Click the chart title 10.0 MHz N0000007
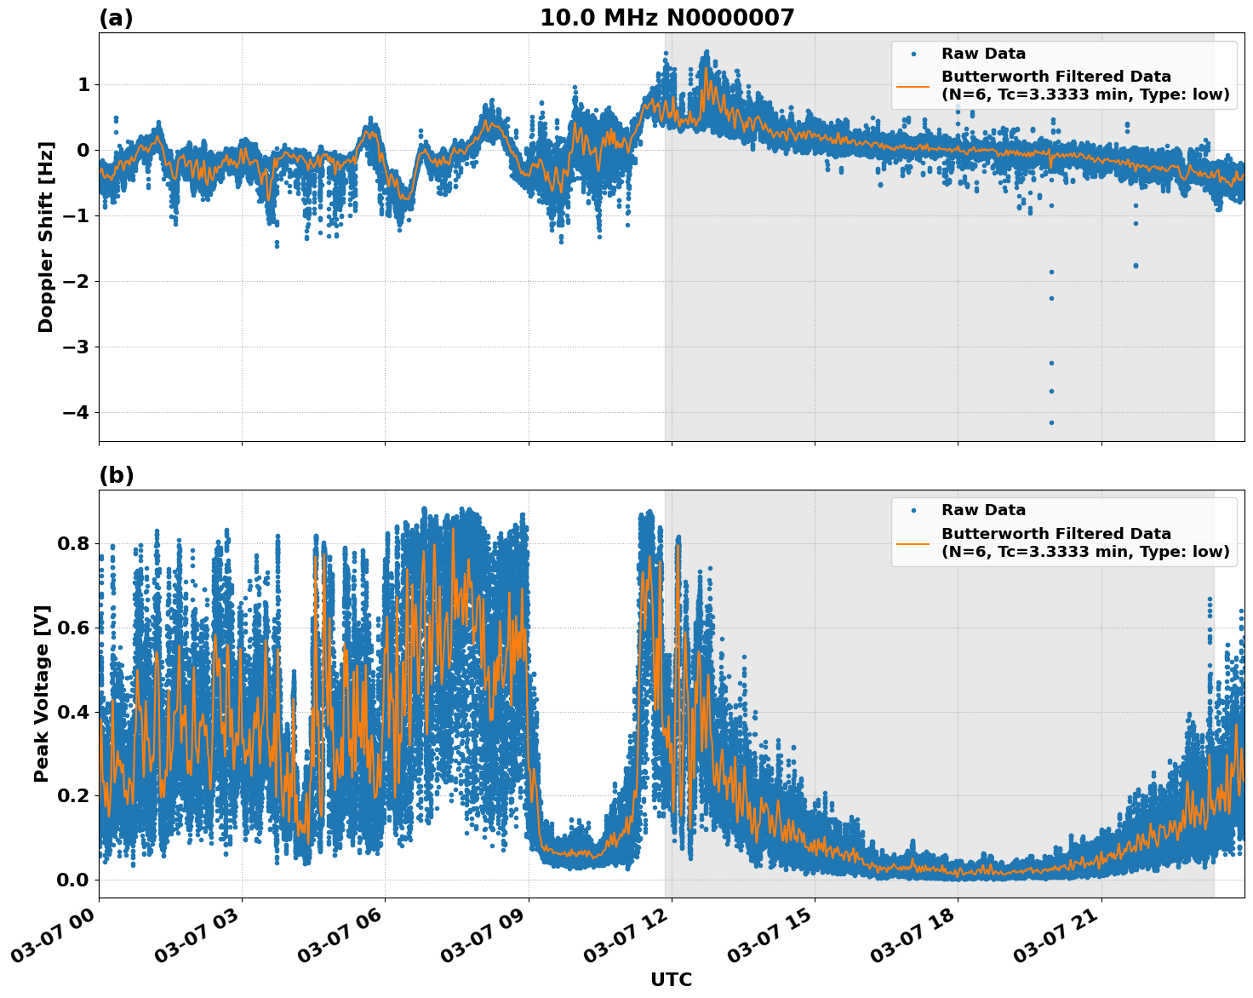(667, 18)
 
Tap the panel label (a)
(116, 18)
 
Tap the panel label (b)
(116, 475)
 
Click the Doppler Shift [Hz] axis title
(46, 237)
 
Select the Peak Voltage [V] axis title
(42, 693)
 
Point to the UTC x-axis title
(671, 979)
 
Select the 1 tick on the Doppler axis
(83, 85)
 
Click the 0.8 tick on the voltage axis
(72, 543)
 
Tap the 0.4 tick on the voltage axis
(72, 712)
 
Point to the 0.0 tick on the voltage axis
(72, 880)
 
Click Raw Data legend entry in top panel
(983, 54)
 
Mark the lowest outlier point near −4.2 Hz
(1051, 422)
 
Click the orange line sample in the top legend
(913, 85)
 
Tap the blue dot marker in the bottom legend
(913, 510)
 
